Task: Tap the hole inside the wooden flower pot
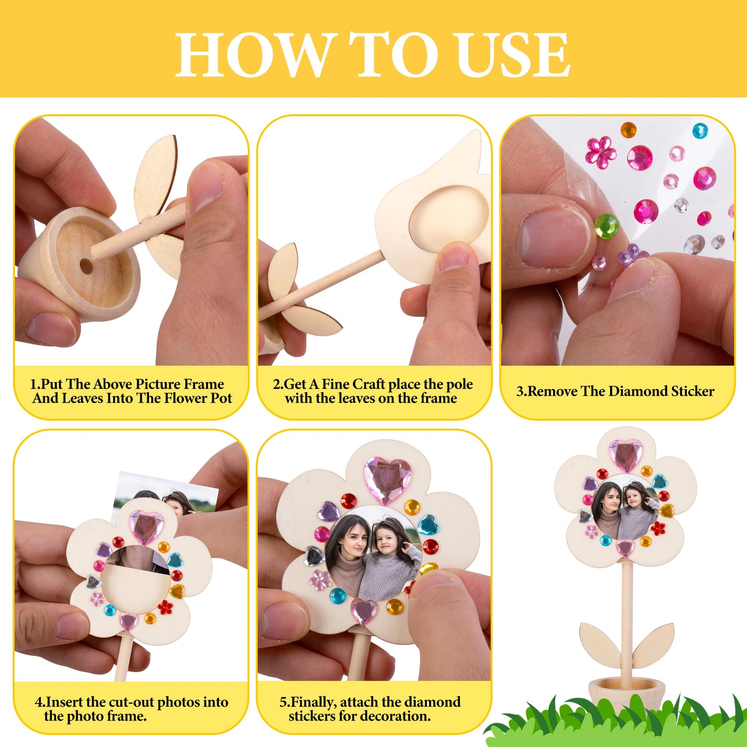(x=86, y=266)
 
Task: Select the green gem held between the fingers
(x=606, y=226)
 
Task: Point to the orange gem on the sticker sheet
(x=628, y=129)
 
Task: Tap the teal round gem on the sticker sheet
(x=700, y=130)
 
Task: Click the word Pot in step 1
(x=221, y=398)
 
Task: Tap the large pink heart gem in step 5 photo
(x=387, y=480)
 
